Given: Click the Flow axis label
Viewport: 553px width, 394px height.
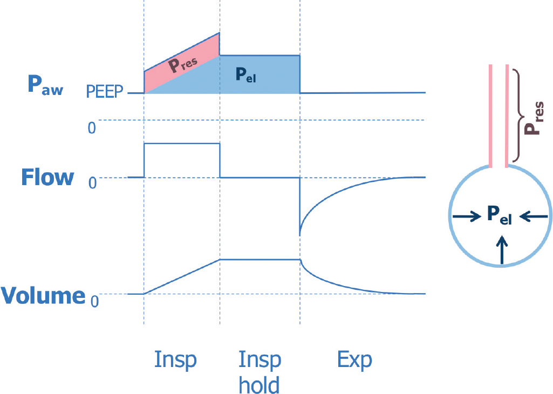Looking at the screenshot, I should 47,177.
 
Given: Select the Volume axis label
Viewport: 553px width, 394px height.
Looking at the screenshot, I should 43,296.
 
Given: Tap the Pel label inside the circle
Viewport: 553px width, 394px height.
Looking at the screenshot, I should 499,215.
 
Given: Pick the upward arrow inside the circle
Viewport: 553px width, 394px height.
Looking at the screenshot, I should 502,252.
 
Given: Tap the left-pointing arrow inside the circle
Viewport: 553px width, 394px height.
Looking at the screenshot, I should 535,217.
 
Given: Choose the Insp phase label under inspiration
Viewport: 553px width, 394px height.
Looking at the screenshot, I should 175,360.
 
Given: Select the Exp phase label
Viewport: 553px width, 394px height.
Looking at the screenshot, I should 354,360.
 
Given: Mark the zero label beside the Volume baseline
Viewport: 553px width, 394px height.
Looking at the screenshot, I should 94,301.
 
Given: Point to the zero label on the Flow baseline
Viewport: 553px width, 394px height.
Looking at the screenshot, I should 92,183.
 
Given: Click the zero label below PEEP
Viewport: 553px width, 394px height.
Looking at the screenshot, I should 92,127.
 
